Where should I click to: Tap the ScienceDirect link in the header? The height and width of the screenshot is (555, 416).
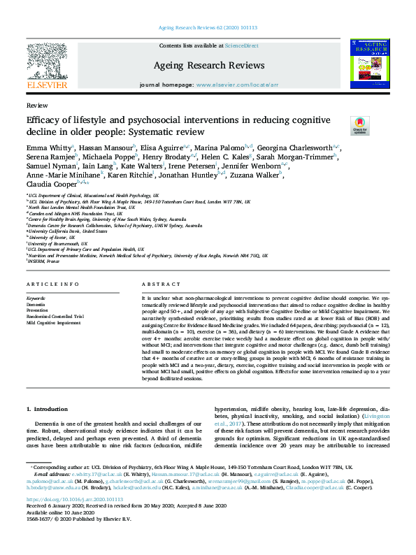point(241,45)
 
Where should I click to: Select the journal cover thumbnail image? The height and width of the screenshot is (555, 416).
point(369,63)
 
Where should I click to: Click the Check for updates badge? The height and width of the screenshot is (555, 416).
point(340,126)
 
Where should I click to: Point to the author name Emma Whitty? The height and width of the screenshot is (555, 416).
point(48,148)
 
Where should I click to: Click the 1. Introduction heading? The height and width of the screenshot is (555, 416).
point(48,408)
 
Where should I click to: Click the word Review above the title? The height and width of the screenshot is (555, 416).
point(36,105)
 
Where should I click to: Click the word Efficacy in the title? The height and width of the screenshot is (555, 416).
point(44,120)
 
